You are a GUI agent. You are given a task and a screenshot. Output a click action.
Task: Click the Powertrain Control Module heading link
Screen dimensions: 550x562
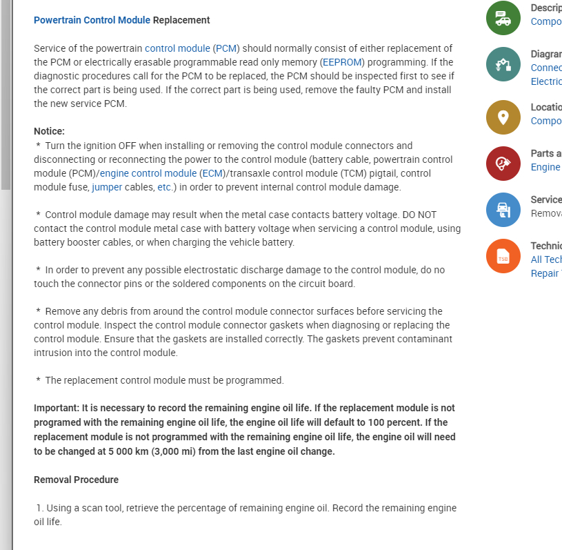coord(92,20)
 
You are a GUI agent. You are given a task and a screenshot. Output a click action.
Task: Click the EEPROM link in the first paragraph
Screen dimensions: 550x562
coord(342,62)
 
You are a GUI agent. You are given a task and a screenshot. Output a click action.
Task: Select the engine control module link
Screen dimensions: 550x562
coord(148,173)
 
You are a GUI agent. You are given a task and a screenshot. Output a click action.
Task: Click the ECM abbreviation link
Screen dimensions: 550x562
coord(212,173)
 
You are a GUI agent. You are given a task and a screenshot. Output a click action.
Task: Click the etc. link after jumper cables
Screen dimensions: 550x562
coord(165,187)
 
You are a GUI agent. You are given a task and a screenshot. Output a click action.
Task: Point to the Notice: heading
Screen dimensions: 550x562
coord(49,131)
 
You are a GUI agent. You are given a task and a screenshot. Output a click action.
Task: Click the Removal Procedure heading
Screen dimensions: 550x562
coord(76,480)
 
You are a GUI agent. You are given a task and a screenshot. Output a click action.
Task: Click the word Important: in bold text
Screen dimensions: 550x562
coord(56,408)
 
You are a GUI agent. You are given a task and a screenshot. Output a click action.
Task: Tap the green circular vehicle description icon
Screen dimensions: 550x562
coord(503,18)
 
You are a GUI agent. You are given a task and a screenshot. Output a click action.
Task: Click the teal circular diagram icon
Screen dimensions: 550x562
coord(503,64)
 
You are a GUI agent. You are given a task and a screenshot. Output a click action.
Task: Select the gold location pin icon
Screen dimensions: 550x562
coord(503,117)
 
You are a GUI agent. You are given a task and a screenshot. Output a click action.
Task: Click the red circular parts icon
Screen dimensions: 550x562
coord(503,164)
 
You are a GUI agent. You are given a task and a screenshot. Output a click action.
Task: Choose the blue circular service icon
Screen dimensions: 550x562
coord(503,210)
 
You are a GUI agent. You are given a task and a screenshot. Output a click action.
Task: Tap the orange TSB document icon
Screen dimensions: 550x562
coord(503,256)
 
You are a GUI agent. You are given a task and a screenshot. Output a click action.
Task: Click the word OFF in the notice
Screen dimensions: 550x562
coord(128,146)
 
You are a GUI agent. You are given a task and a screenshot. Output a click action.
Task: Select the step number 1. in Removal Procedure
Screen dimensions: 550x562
coord(40,508)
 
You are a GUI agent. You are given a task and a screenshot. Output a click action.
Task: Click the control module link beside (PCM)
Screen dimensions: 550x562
coord(177,48)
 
